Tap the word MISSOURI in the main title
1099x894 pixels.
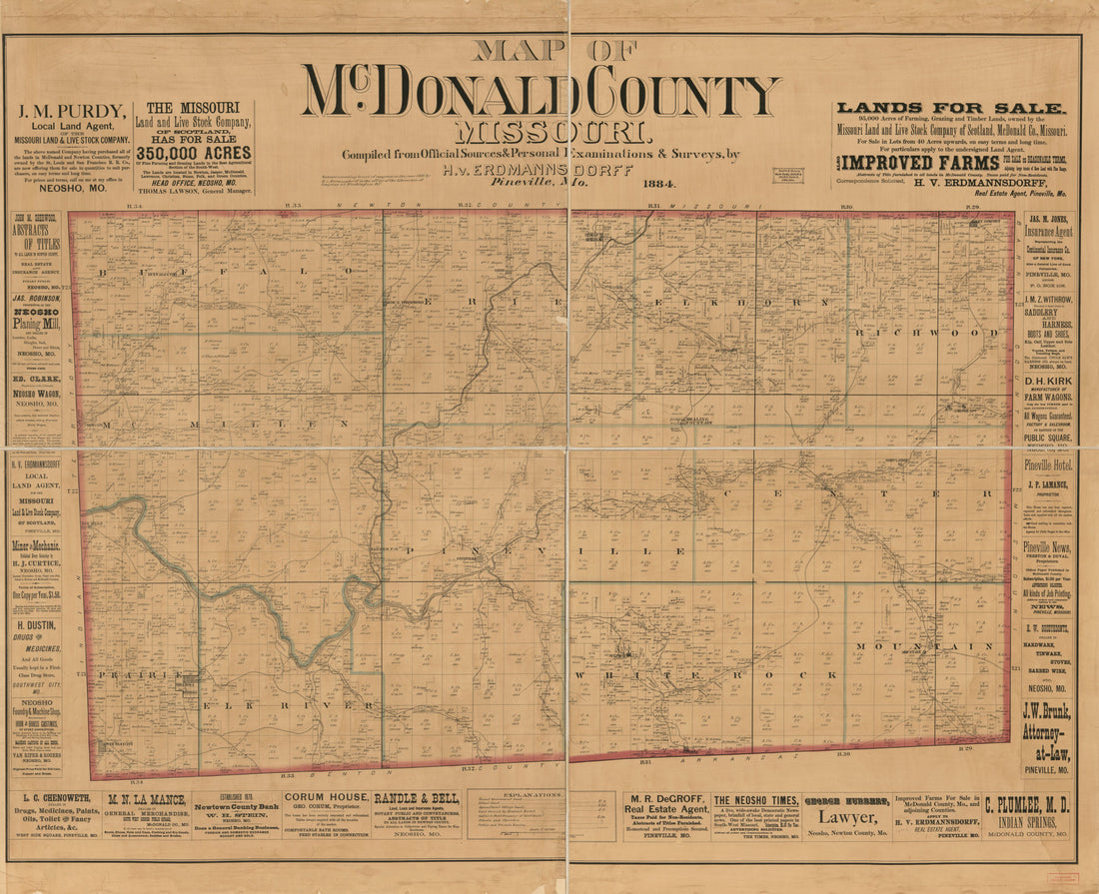point(550,132)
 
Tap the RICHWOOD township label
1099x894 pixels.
point(934,333)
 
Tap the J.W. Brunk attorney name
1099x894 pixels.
point(1046,712)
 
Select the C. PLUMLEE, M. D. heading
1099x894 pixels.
point(1028,804)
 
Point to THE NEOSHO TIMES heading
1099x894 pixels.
point(755,800)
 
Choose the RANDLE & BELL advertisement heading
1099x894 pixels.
point(416,798)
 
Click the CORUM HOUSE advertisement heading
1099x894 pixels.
point(325,797)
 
